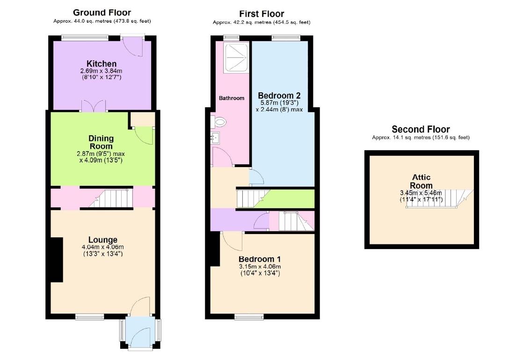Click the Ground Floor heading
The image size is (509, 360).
pyautogui.click(x=102, y=13)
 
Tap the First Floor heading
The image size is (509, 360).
pyautogui.click(x=261, y=14)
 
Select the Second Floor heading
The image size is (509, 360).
pyautogui.click(x=421, y=129)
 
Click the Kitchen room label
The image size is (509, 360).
pyautogui.click(x=102, y=64)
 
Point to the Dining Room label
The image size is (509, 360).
pyautogui.click(x=101, y=142)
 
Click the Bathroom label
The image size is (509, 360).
pyautogui.click(x=232, y=98)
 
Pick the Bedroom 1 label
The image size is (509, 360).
pyautogui.click(x=259, y=259)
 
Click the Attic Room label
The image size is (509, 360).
pyautogui.click(x=421, y=182)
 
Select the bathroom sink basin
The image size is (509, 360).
pyautogui.click(x=216, y=138)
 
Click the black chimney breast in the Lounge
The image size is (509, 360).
pyautogui.click(x=56, y=260)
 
